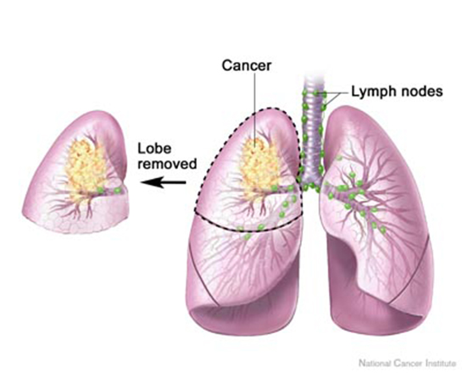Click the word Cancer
point(247,65)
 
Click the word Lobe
point(154,148)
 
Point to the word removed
point(167,164)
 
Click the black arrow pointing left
point(164,183)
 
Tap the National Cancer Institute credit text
point(407,364)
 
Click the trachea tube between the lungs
point(312,132)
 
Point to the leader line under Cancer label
point(255,108)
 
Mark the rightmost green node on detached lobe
point(118,191)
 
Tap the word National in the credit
point(372,364)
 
